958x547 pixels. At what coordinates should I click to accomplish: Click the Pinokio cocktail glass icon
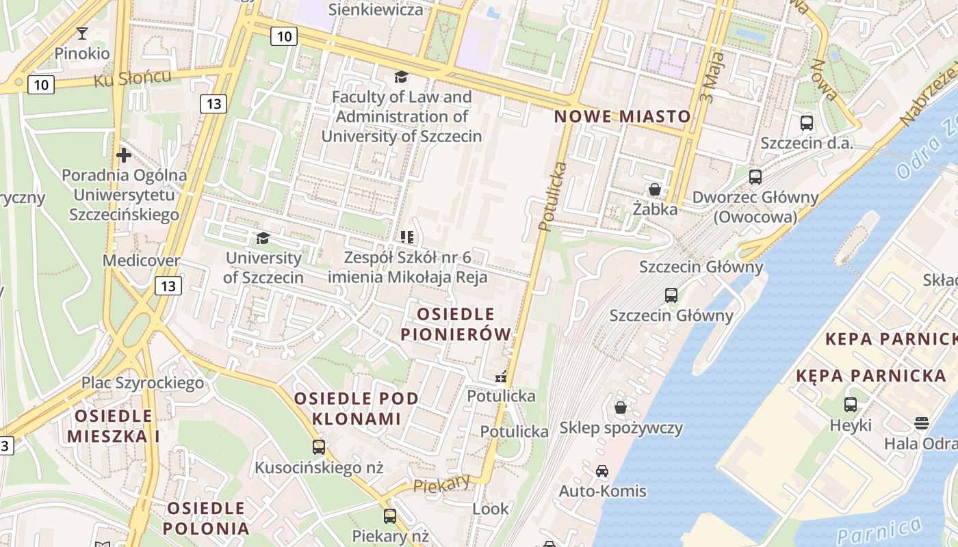pos(82,33)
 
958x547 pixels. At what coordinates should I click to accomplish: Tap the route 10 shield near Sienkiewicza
pos(283,36)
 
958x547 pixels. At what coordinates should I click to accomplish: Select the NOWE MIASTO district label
pos(622,116)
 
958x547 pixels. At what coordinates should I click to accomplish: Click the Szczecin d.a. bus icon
pos(807,123)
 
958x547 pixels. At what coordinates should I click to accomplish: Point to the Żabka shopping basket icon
pos(655,189)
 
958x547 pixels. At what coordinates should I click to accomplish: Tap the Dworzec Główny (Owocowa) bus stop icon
pos(755,177)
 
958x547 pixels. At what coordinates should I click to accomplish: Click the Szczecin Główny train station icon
pos(671,295)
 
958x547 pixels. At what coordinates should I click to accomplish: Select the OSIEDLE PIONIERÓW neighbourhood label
pos(456,324)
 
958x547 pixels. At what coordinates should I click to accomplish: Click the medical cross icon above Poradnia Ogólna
pos(124,155)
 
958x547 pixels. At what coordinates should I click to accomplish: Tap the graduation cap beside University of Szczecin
pos(263,238)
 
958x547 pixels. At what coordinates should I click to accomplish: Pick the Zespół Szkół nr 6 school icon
pos(407,237)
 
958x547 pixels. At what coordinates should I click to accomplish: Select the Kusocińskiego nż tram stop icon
pos(319,447)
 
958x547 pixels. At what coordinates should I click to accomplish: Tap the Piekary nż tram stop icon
pos(390,516)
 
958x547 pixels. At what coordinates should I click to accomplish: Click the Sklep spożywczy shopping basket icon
pos(621,408)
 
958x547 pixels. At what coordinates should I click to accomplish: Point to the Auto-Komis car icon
pos(602,470)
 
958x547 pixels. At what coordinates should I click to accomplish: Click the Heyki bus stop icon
pos(851,405)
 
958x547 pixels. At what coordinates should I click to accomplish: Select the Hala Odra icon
pos(922,423)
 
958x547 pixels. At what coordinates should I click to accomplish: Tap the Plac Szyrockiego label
pos(142,382)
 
